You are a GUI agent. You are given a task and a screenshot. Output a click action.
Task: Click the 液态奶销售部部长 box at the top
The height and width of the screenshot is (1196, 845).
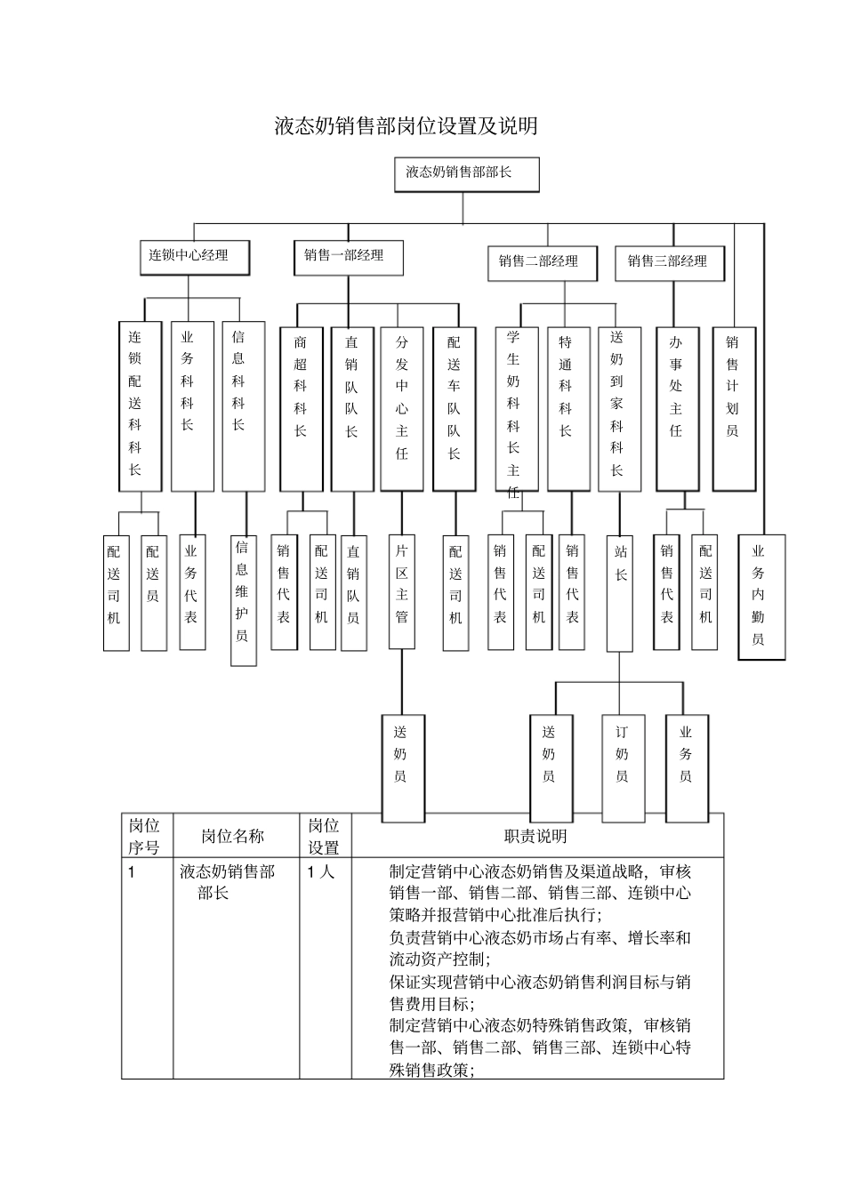click(466, 174)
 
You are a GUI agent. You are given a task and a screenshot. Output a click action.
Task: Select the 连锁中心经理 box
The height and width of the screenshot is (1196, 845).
click(194, 257)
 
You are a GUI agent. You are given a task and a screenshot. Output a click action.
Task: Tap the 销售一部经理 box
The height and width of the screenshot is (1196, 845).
click(349, 257)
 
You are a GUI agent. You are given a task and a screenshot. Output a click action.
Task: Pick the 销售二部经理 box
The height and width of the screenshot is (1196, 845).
click(542, 262)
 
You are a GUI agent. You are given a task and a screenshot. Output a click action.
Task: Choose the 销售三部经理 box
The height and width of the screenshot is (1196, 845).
click(669, 262)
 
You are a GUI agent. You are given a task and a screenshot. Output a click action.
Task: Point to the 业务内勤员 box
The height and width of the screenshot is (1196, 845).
click(761, 597)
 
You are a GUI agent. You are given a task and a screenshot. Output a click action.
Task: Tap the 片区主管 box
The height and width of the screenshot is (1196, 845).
click(402, 591)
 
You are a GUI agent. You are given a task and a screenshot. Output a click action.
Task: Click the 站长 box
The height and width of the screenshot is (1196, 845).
click(620, 591)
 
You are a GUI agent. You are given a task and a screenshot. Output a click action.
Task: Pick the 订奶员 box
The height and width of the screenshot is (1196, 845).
click(623, 767)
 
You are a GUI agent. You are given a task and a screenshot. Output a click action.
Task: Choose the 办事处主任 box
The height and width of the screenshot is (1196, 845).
click(677, 408)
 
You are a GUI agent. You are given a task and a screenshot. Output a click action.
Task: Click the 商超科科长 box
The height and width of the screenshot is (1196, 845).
click(302, 408)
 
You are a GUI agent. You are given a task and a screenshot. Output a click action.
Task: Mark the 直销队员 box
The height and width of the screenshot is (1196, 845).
click(354, 591)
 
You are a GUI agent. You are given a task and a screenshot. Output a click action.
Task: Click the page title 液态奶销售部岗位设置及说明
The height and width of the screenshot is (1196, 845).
click(406, 126)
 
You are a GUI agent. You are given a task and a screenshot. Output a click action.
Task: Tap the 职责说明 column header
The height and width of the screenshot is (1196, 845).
click(536, 836)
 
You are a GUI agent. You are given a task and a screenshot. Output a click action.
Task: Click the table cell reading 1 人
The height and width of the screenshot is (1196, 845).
click(322, 872)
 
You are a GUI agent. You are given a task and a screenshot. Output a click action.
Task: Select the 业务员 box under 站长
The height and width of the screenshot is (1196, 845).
click(687, 767)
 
